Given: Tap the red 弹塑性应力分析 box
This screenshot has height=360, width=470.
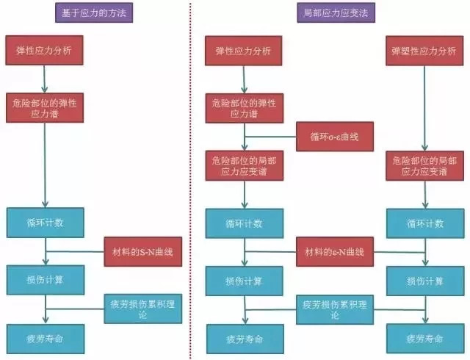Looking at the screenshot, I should point(427,51).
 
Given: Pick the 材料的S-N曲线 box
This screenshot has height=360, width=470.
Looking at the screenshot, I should point(143,252).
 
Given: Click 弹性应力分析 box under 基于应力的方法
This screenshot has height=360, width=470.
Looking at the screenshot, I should point(45,51).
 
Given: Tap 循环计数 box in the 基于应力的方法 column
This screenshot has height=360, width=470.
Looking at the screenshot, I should point(45,223).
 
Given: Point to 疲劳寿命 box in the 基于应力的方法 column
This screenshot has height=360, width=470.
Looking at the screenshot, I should point(45,339).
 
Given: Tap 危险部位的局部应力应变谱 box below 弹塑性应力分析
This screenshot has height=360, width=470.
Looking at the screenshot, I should point(427,165).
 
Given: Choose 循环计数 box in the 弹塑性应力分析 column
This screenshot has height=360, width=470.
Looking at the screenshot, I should point(427,223).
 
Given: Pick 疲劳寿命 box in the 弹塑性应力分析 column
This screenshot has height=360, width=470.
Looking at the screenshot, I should point(427,339).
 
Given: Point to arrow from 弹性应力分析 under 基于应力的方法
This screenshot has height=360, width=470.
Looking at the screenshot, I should point(45,79).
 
